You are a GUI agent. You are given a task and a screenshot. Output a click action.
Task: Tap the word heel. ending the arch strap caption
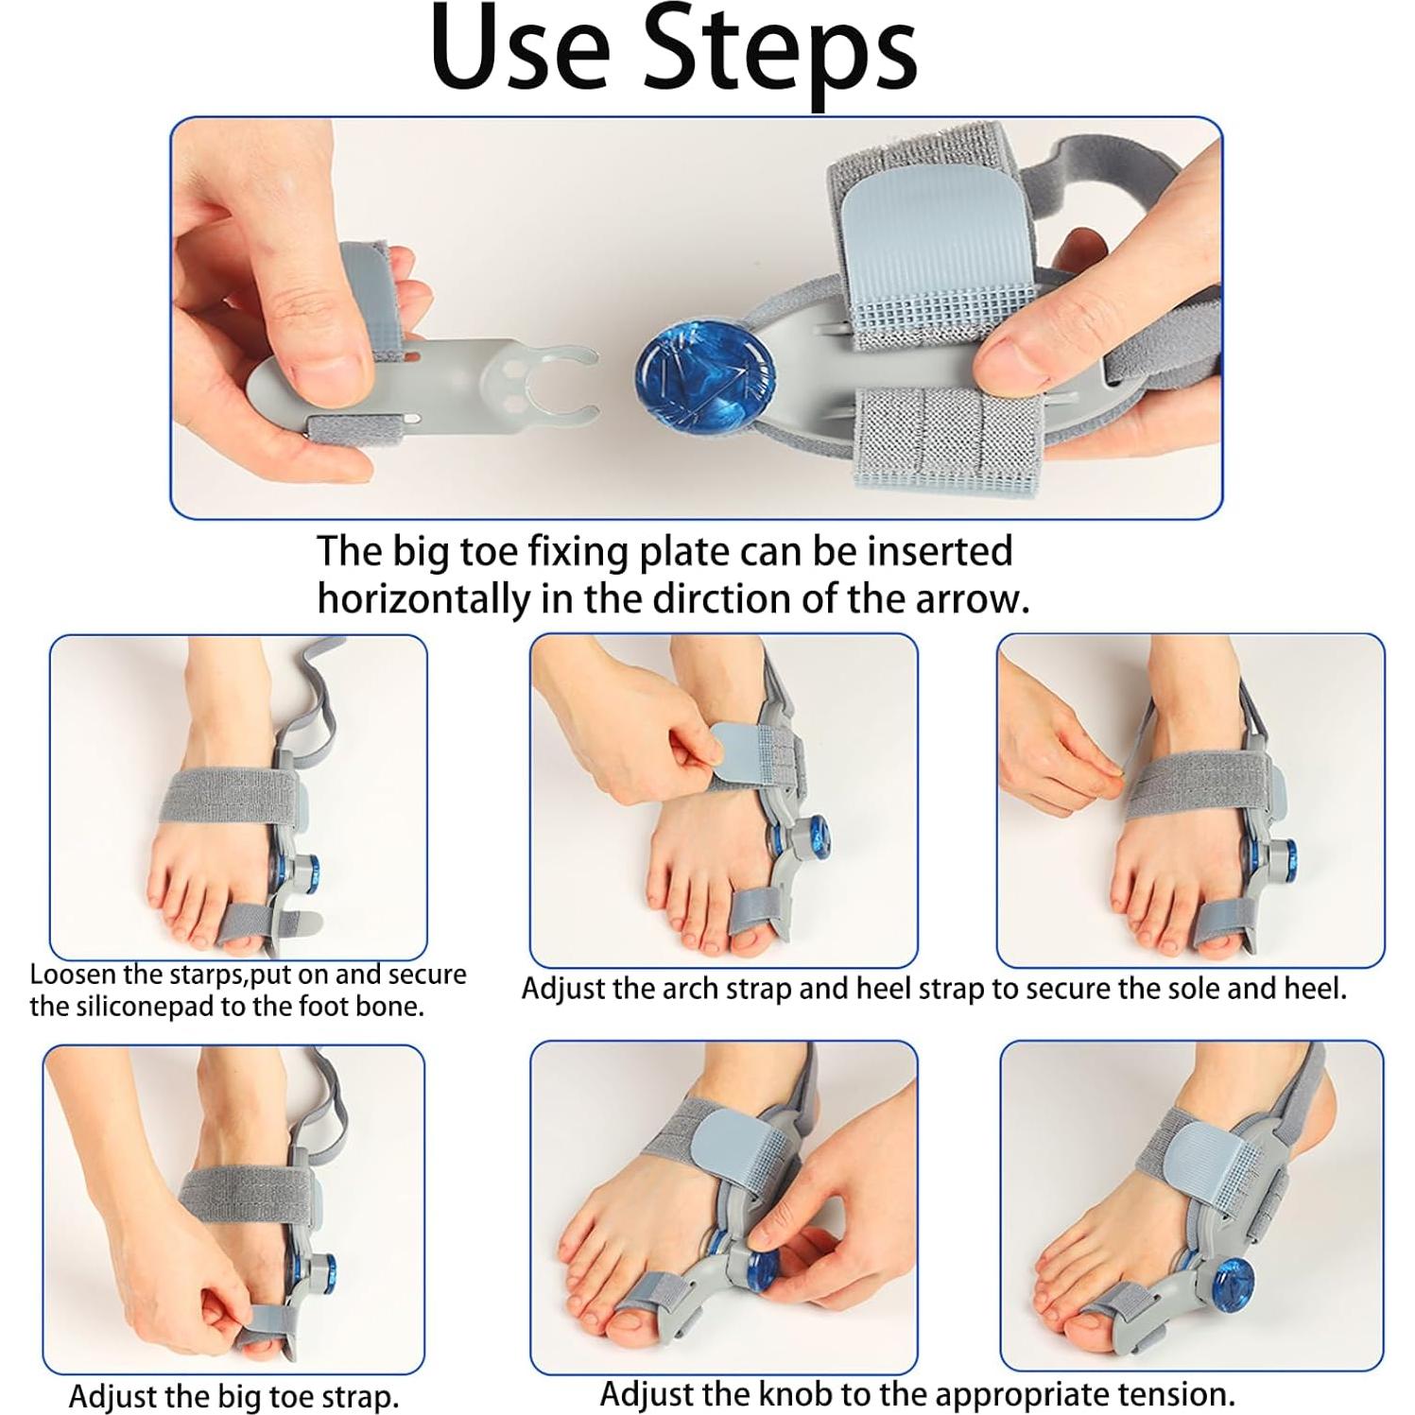point(1314,989)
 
